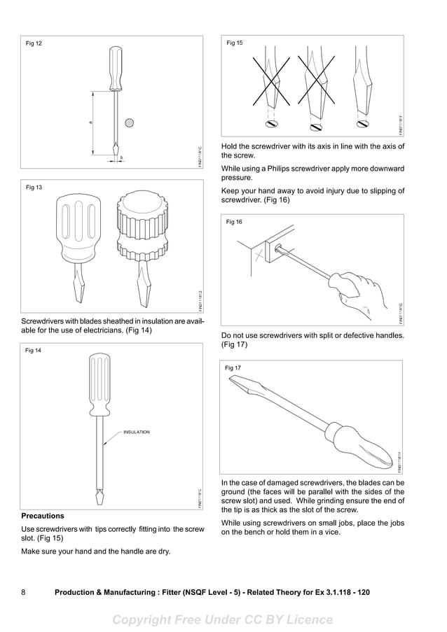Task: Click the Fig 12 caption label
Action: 34,43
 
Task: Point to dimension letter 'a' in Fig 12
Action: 90,123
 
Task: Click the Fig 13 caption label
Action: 34,188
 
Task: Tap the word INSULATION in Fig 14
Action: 137,432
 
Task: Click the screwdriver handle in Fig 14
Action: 99,384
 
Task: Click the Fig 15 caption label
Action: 235,43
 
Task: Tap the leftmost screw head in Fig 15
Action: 270,125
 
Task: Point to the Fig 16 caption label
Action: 234,222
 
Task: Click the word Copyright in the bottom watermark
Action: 147,619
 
